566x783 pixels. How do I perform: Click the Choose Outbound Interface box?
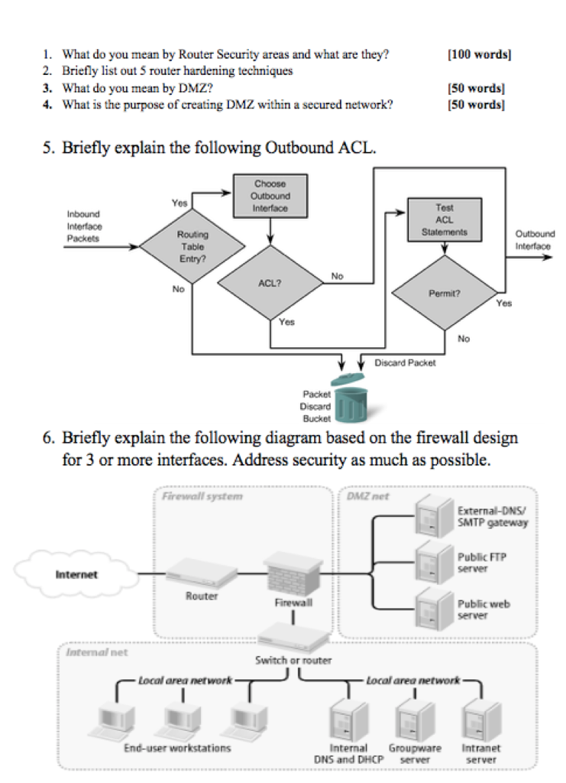tap(270, 196)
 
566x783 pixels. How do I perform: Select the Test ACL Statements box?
tap(444, 219)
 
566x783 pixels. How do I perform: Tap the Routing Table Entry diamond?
tap(192, 246)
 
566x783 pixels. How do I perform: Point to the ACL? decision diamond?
tap(270, 283)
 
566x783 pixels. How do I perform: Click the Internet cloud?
tap(76, 573)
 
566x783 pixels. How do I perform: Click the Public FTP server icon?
tap(432, 562)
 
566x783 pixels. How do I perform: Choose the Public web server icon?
tap(432, 607)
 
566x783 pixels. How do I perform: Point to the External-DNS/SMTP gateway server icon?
tap(432, 517)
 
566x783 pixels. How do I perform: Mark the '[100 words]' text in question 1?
tap(479, 54)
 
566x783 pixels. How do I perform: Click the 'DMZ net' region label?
tap(367, 496)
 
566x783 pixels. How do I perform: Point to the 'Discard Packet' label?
tap(405, 362)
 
